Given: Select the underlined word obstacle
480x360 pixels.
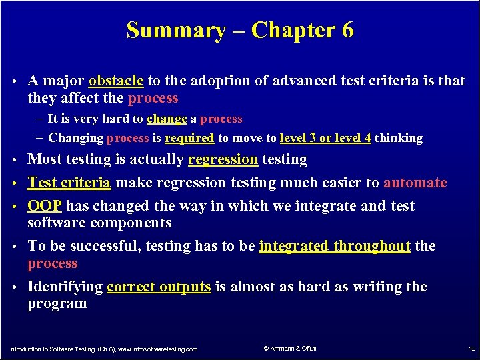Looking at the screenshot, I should [x=116, y=81].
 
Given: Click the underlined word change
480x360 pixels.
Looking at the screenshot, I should [x=167, y=119].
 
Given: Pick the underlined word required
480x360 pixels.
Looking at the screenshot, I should [x=190, y=138].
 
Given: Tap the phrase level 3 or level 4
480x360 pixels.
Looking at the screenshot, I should [x=326, y=138].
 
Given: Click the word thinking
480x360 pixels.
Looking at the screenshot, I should [x=399, y=138].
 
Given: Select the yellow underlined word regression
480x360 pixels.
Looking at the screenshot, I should [x=223, y=159].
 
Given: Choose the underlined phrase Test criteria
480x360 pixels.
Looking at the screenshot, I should [x=69, y=183].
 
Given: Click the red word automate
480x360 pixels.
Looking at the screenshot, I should [x=415, y=183].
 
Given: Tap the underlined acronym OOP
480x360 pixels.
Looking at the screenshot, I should [x=45, y=206].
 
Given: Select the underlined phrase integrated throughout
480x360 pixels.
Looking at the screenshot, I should [x=335, y=246].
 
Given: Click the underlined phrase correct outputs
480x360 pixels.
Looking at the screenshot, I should [x=159, y=287].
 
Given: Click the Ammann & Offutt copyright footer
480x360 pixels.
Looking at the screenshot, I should [x=290, y=349].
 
